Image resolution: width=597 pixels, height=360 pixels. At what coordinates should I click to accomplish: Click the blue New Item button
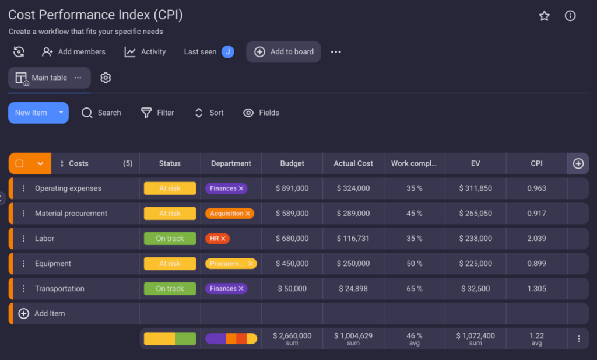pyautogui.click(x=31, y=113)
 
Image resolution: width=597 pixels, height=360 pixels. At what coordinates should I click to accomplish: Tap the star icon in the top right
pyautogui.click(x=544, y=16)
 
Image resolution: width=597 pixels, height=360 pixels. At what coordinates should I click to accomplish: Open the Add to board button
pyautogui.click(x=283, y=52)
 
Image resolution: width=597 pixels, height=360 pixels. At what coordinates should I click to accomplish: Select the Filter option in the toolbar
pyautogui.click(x=157, y=113)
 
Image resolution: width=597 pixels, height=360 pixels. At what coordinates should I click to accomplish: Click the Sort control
pyautogui.click(x=209, y=113)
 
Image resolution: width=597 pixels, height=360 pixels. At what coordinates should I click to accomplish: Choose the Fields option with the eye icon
pyautogui.click(x=261, y=113)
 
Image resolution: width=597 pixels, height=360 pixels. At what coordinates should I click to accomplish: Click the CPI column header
pyautogui.click(x=536, y=163)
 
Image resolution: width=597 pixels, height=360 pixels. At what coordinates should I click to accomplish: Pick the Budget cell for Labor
pyautogui.click(x=292, y=239)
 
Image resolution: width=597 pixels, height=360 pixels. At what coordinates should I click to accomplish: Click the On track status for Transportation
pyautogui.click(x=170, y=289)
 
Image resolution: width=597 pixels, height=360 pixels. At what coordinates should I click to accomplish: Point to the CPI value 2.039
pyautogui.click(x=536, y=239)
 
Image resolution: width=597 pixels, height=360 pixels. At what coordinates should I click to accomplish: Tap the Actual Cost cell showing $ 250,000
pyautogui.click(x=353, y=264)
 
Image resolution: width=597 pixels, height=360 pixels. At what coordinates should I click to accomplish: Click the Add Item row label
pyautogui.click(x=50, y=313)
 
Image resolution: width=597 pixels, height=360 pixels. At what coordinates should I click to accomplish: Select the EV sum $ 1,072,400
pyautogui.click(x=475, y=336)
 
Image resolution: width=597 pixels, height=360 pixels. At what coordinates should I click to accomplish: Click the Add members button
pyautogui.click(x=74, y=52)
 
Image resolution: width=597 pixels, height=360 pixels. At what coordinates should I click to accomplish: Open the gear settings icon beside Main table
pyautogui.click(x=106, y=78)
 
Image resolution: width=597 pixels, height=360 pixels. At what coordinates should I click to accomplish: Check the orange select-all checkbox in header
pyautogui.click(x=19, y=163)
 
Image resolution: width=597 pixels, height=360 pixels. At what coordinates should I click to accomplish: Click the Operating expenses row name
pyautogui.click(x=68, y=188)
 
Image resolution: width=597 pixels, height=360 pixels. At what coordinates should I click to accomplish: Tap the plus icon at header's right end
pyautogui.click(x=578, y=163)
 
